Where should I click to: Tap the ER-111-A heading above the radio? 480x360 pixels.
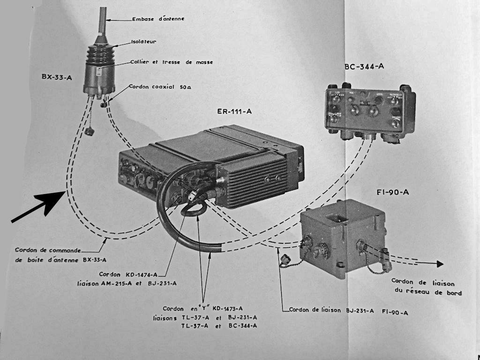coord(234,112)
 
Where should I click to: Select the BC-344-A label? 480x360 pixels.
coord(364,66)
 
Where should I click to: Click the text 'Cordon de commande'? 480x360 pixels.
coord(48,250)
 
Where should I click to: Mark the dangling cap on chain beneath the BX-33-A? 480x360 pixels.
coord(89,131)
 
